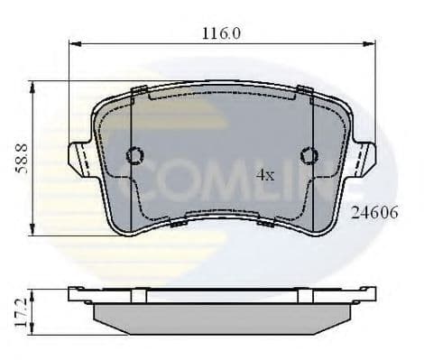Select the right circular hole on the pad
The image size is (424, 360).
click(x=309, y=156)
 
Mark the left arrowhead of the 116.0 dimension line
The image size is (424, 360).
click(x=76, y=42)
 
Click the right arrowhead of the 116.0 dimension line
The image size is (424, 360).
click(x=369, y=42)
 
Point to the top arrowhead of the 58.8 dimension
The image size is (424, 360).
click(x=32, y=84)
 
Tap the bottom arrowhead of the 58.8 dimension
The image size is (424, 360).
click(x=32, y=232)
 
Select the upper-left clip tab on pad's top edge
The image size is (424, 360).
click(x=141, y=91)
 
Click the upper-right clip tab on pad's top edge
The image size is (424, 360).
click(x=304, y=91)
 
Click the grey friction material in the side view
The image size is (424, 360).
click(x=222, y=315)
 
